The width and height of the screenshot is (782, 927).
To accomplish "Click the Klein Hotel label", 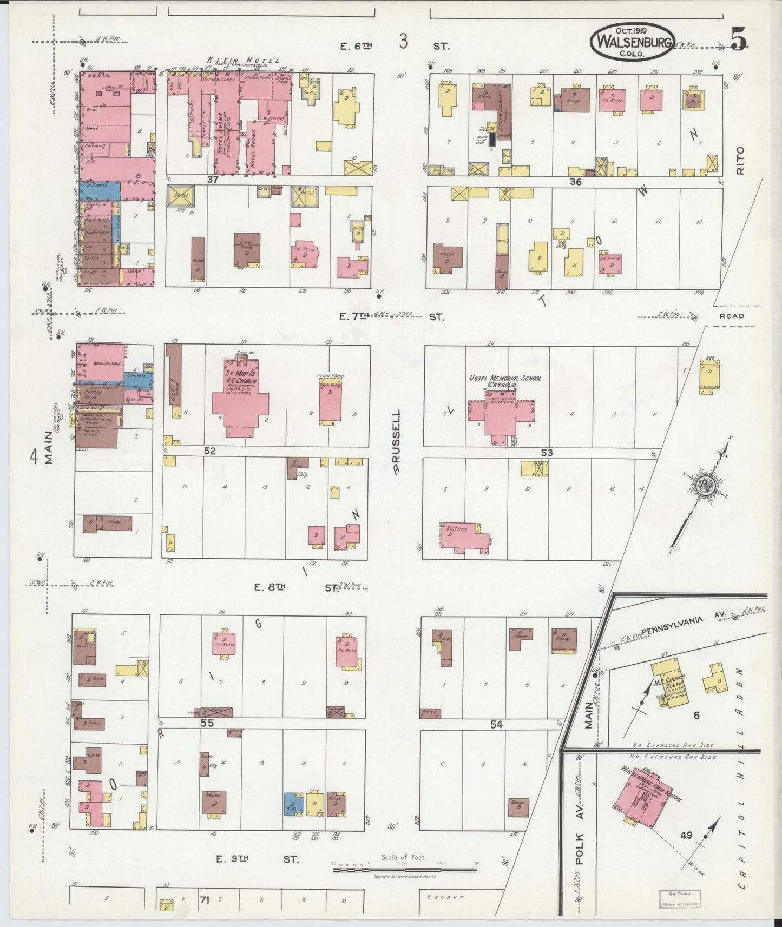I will click(243, 61).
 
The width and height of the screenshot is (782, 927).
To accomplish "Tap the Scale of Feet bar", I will click(404, 870).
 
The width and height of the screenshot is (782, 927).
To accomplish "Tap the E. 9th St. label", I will click(257, 858).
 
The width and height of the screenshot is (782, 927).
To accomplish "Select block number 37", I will click(212, 179).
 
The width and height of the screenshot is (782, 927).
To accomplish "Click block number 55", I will click(207, 723).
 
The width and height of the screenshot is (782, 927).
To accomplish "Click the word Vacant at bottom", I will click(445, 897).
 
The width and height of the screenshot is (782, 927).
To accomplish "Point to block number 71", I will click(204, 900).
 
